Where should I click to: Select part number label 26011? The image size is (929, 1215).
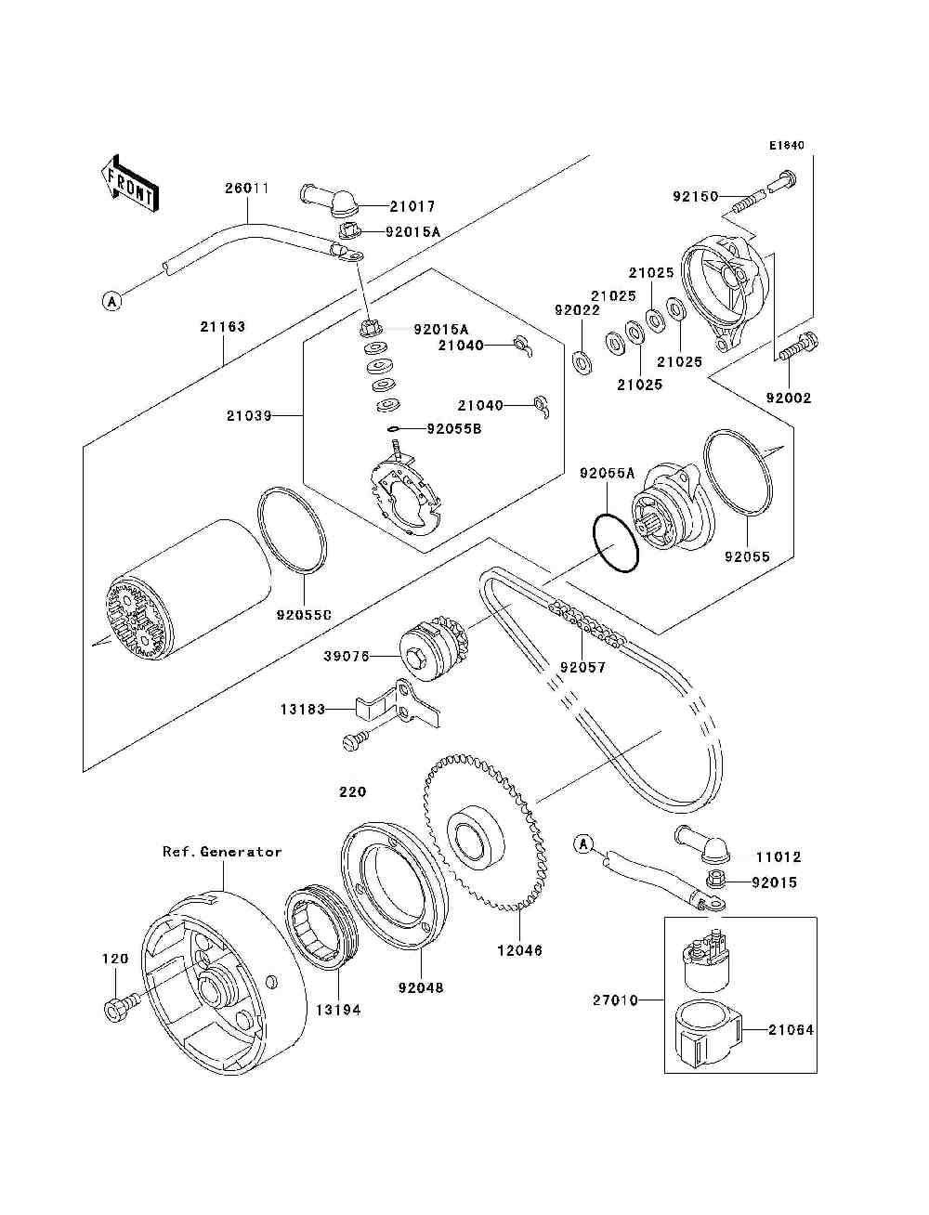(x=247, y=189)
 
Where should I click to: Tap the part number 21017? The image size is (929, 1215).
(x=413, y=206)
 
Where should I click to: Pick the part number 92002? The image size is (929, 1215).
(x=789, y=398)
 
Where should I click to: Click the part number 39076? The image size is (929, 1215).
(x=347, y=656)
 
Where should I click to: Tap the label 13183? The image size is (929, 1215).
(x=303, y=710)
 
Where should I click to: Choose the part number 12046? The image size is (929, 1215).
(x=520, y=950)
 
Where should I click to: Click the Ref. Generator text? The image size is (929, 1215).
(x=222, y=851)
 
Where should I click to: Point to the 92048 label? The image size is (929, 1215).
(x=421, y=987)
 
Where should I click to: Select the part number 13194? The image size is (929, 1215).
(x=337, y=1010)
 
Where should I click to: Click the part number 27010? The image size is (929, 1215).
(x=616, y=1000)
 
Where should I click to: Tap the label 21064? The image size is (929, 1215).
(x=792, y=1029)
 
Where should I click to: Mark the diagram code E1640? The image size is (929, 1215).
(x=786, y=146)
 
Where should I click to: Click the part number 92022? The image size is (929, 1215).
(x=578, y=310)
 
